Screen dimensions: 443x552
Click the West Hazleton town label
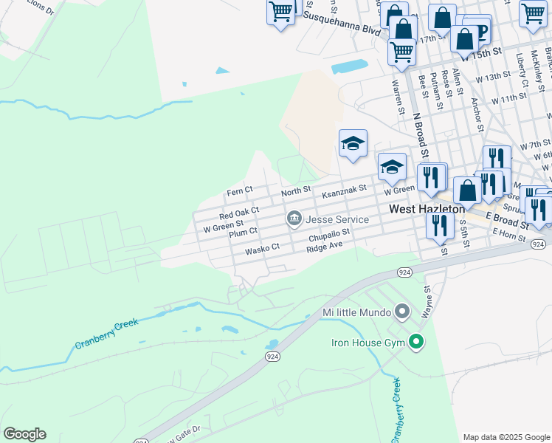(x=427, y=209)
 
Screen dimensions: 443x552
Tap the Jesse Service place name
(x=337, y=219)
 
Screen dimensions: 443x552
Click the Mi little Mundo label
(x=355, y=312)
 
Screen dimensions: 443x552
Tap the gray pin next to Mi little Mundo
(x=402, y=312)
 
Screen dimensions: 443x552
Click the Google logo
(x=24, y=434)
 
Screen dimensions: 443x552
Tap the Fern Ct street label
(x=240, y=191)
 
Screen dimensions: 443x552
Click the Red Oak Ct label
(x=239, y=213)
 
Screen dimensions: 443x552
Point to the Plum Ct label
(x=243, y=232)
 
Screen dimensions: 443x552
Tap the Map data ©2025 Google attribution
(x=506, y=437)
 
